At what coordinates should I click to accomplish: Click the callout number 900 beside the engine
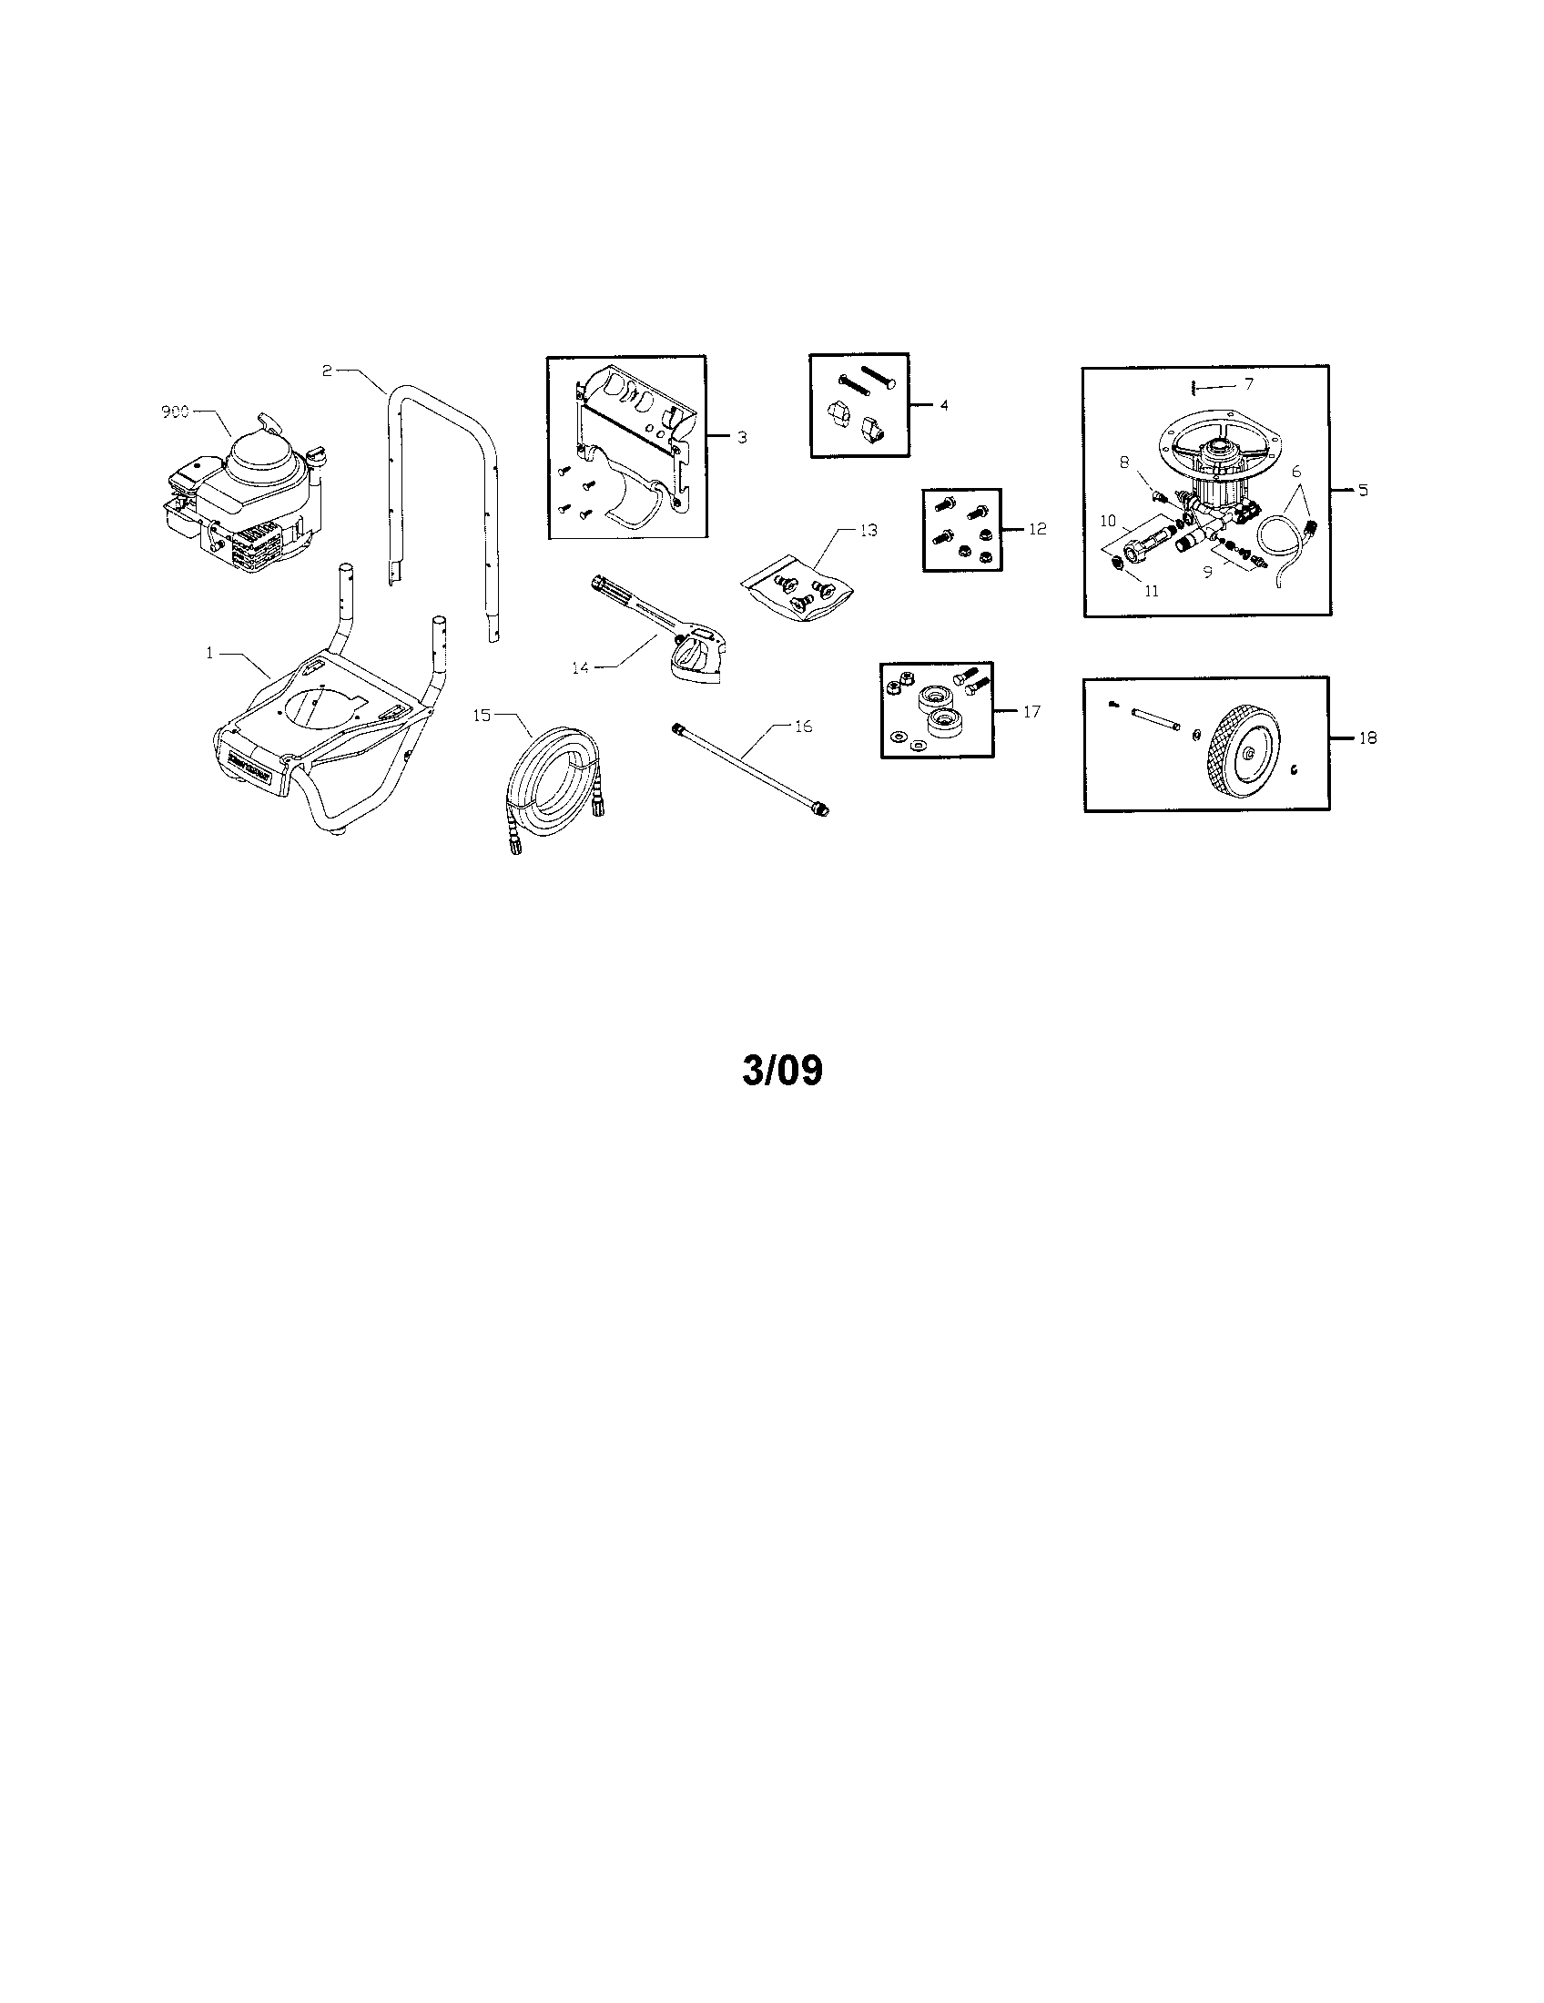coord(174,412)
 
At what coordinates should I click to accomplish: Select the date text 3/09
coord(782,1072)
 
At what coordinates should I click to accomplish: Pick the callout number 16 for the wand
coord(802,726)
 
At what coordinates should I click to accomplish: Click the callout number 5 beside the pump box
coord(1364,491)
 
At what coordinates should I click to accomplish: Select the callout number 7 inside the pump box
coord(1248,384)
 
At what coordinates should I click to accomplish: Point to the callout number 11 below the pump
coord(1151,592)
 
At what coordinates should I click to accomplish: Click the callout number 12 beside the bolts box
coord(1036,529)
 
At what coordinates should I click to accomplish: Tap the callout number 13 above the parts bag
coord(868,530)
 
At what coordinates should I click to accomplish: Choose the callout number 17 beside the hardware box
coord(1031,712)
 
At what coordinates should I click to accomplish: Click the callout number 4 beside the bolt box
coord(943,404)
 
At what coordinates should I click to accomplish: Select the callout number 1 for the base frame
coord(210,653)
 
